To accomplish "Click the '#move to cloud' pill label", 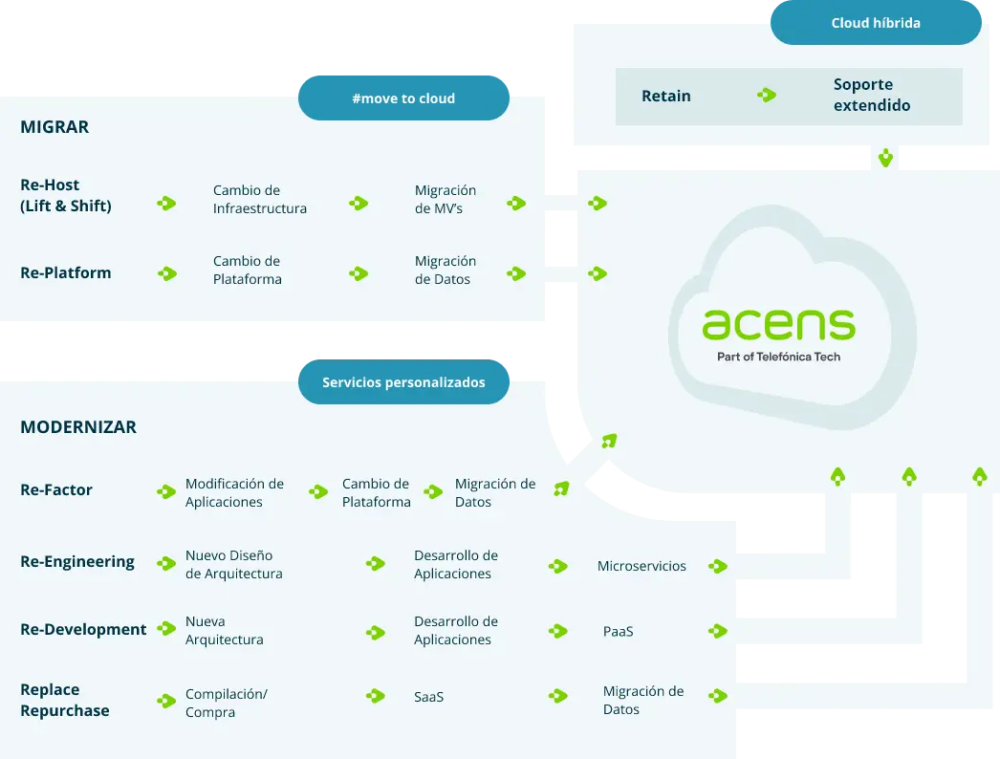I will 403,98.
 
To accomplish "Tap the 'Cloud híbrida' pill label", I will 876,23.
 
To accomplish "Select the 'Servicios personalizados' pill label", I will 403,382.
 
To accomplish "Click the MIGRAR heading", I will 54,127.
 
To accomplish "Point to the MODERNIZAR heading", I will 78,427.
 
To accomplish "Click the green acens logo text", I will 778,325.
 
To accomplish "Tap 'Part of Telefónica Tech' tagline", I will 778,357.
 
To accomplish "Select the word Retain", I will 666,96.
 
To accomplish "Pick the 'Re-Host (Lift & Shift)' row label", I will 66,195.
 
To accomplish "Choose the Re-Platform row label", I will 66,272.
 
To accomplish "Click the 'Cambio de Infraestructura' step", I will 259,199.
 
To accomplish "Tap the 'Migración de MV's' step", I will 445,199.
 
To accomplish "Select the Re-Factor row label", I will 56,489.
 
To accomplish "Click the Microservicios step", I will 641,566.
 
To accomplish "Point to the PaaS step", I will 618,632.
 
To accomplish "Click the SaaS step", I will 428,697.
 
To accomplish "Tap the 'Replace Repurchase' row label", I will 64,700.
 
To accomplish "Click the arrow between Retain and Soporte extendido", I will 766,96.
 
